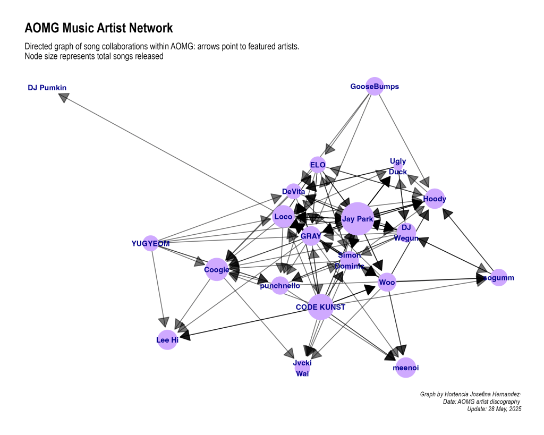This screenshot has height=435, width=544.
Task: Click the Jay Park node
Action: [358, 218]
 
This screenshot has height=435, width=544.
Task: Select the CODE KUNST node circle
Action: [320, 307]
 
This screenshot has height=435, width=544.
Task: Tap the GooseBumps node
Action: [375, 87]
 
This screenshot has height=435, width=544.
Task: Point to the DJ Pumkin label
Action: [47, 88]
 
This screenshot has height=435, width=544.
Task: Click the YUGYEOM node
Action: [150, 244]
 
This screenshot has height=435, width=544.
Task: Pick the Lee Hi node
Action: [167, 340]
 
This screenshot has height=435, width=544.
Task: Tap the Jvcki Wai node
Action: [302, 368]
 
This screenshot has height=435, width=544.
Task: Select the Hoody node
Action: [435, 199]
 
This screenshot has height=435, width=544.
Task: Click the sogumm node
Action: [498, 278]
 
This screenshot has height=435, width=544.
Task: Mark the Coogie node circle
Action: [217, 269]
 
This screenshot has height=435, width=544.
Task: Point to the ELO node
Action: [318, 165]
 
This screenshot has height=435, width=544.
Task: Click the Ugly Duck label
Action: [398, 166]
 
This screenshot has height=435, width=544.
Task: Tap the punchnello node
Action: [280, 286]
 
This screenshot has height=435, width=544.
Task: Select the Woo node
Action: [387, 282]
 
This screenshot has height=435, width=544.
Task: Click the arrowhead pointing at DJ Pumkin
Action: [64, 97]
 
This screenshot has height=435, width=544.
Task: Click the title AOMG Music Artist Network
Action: [99, 28]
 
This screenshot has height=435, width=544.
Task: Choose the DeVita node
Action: [294, 191]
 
